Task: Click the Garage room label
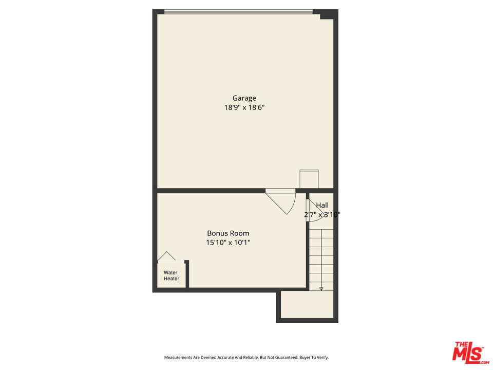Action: [x=244, y=99]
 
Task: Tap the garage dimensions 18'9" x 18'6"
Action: [x=244, y=107]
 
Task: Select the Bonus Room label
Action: [x=228, y=233]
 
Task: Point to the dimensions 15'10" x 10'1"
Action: [x=228, y=243]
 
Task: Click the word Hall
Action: [x=323, y=206]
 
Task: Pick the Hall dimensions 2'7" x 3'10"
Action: [x=323, y=215]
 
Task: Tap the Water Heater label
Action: [x=172, y=275]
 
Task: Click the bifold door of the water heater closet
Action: [x=166, y=256]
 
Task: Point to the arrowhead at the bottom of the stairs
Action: [x=321, y=288]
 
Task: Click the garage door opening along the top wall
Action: [x=238, y=12]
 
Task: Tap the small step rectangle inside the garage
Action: [x=309, y=179]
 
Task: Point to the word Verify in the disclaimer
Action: [x=323, y=358]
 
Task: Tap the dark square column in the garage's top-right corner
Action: [x=327, y=14]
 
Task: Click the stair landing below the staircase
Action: [x=307, y=305]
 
